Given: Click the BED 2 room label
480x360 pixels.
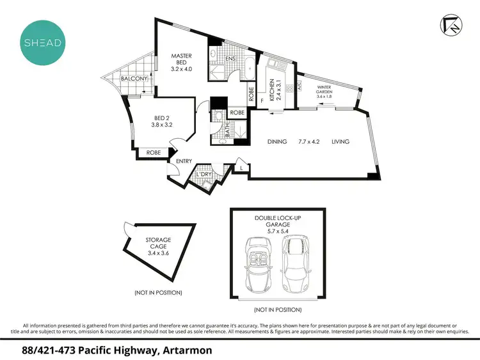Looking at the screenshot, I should click(x=160, y=121).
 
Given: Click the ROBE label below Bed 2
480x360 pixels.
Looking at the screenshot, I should click(x=154, y=153).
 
